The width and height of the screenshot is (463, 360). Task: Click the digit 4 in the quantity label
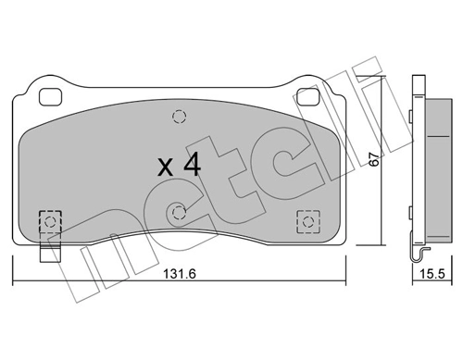pos(192,166)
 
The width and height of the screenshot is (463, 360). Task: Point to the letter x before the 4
pos(166,168)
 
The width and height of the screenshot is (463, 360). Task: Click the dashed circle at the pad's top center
pos(179,117)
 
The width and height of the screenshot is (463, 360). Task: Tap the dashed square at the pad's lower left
pos(49,221)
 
